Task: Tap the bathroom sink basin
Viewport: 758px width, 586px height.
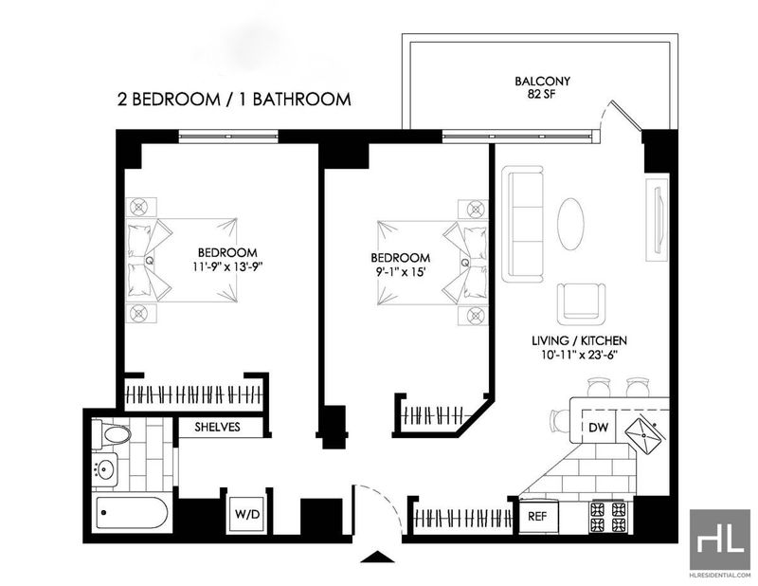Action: point(106,468)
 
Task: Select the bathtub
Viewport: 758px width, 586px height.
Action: point(132,513)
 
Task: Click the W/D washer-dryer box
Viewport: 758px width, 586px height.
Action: point(247,514)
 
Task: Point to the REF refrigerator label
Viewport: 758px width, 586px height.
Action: point(537,517)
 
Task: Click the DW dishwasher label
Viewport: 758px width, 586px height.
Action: point(599,428)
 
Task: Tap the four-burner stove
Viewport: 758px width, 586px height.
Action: point(608,517)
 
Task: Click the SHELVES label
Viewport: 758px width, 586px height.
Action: point(218,427)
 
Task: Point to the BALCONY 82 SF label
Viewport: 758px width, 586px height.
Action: point(542,87)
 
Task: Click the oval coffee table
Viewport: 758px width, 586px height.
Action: point(570,224)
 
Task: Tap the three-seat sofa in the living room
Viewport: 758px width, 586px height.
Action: point(523,224)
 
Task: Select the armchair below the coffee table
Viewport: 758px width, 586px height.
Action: point(581,303)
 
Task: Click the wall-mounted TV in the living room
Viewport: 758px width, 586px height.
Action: point(658,220)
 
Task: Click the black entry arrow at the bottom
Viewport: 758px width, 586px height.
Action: point(378,557)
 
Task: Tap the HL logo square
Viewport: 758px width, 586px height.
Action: point(720,539)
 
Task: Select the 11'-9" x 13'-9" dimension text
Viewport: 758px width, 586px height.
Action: point(227,266)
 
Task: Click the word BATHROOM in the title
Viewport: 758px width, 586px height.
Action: point(301,100)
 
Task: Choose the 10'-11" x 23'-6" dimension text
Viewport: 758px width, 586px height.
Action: point(580,355)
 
